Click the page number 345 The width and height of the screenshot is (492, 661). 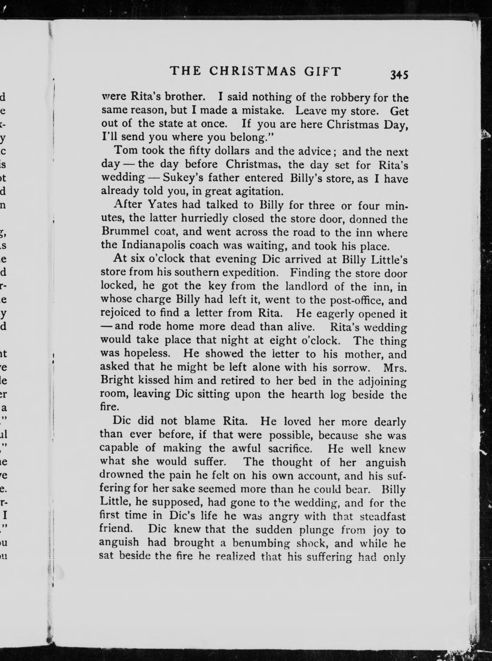click(399, 75)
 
